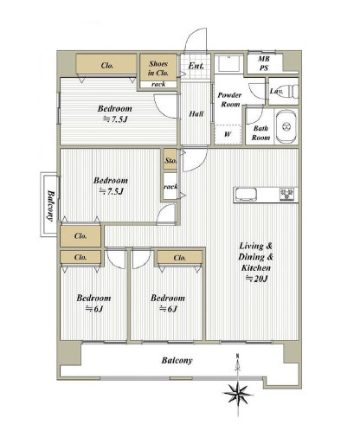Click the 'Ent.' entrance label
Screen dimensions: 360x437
pos(196,66)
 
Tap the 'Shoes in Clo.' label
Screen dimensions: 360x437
pos(158,68)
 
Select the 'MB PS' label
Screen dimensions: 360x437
pos(264,63)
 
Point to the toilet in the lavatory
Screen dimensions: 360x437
pos(292,92)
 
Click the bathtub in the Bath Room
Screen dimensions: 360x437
pos(286,126)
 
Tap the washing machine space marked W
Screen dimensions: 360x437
pos(228,134)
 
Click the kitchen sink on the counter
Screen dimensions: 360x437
pos(246,194)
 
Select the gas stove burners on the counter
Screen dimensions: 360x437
pos(286,194)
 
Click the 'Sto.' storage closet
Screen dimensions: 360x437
pos(170,159)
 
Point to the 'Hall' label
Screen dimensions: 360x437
pos(196,114)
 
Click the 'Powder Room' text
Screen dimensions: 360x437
pos(230,100)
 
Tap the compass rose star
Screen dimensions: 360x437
pos(238,394)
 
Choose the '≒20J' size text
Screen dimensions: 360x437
pos(256,279)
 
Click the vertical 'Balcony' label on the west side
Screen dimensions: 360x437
pos(51,205)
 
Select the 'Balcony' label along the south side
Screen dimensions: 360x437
pos(177,360)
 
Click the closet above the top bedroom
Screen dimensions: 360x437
pos(106,64)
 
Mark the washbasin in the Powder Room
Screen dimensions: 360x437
pos(229,63)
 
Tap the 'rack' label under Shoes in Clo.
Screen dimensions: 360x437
pos(158,84)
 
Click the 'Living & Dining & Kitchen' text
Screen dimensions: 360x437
pos(256,257)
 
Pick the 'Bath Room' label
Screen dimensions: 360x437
pos(260,133)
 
